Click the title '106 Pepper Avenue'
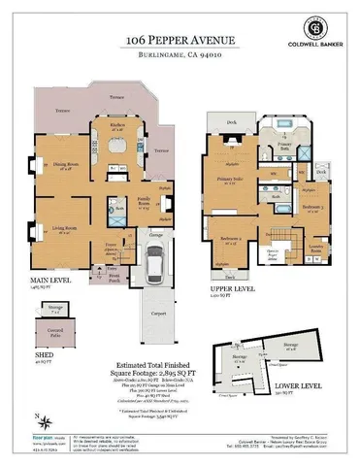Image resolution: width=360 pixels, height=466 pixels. (180, 40)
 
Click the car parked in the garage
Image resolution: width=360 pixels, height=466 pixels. (156, 264)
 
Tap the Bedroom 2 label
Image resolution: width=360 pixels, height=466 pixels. (230, 243)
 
